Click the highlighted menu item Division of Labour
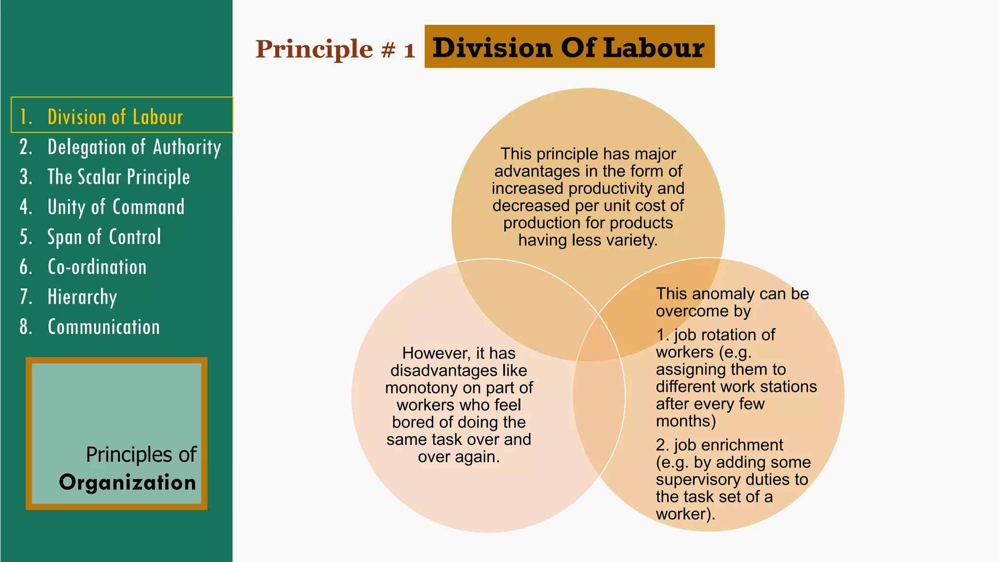tap(115, 117)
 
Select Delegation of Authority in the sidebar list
tap(134, 147)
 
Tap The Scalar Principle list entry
tap(119, 177)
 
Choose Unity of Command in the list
tap(116, 207)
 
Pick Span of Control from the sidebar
tap(104, 237)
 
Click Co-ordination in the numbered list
tap(97, 267)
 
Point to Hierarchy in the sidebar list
tap(82, 297)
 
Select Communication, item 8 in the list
tap(103, 327)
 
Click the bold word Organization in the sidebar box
tap(127, 482)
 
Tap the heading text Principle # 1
tap(335, 49)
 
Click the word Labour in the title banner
tap(654, 48)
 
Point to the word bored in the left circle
tap(411, 422)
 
